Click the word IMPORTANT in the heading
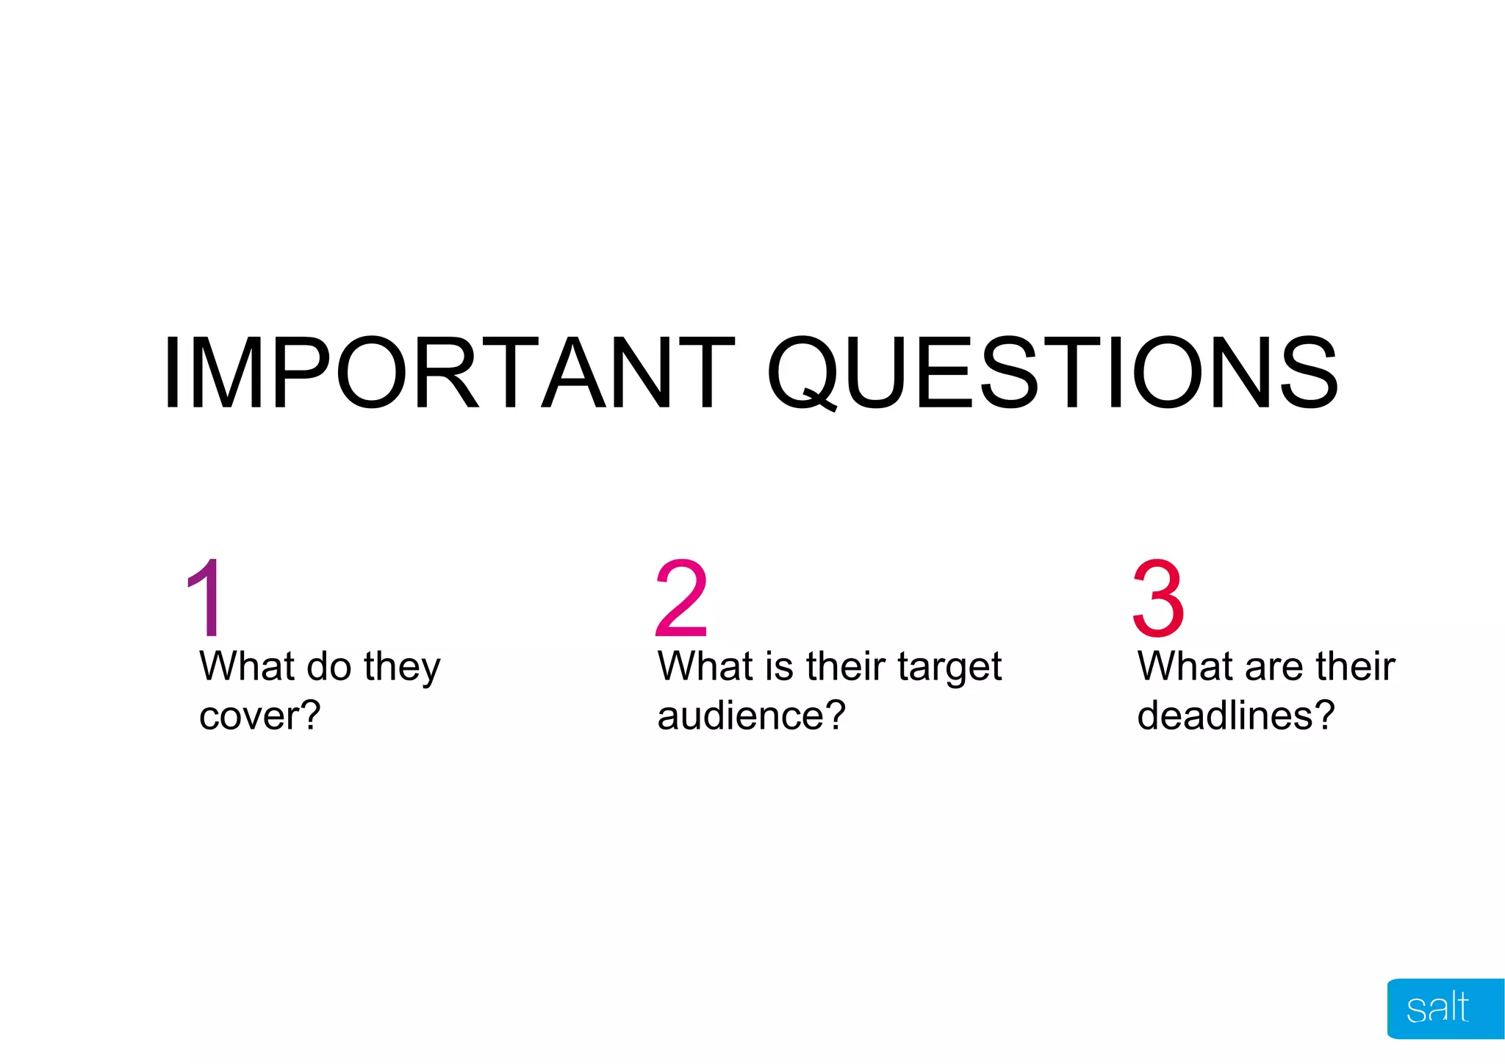(x=448, y=373)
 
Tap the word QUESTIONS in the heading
(x=1052, y=373)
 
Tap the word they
(x=402, y=667)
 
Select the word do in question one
(x=328, y=666)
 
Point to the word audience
(x=743, y=715)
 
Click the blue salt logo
(x=1443, y=1008)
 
